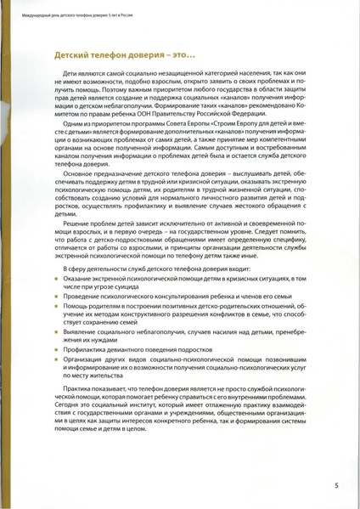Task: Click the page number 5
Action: click(336, 485)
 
